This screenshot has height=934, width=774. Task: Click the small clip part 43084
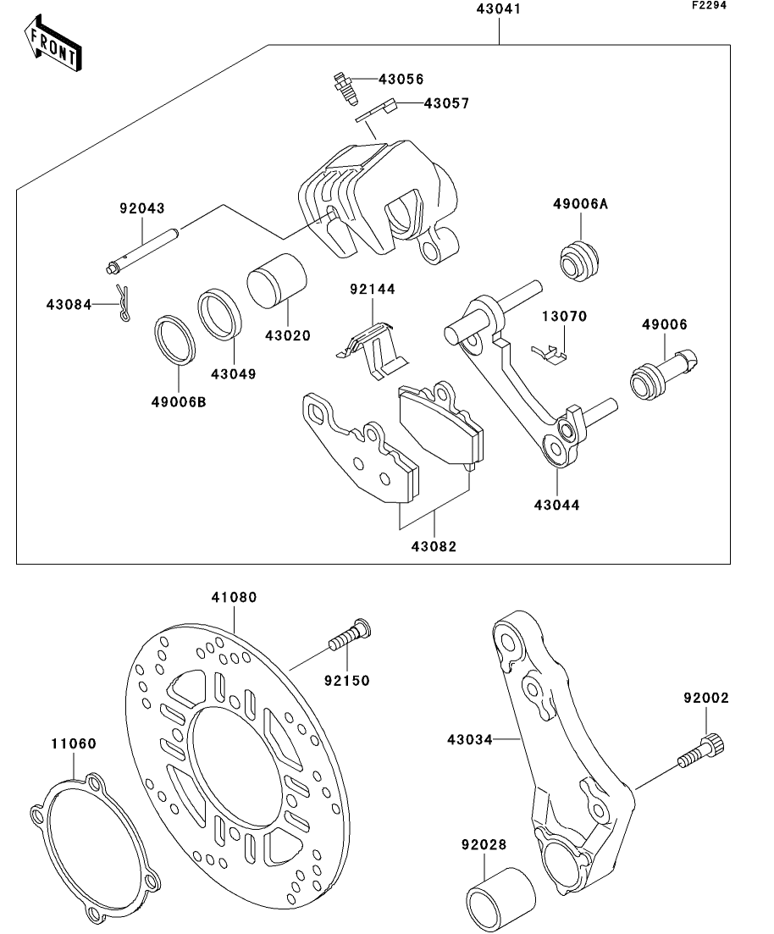[123, 304]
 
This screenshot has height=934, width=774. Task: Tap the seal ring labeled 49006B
[175, 340]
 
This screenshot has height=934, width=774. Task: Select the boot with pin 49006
[665, 373]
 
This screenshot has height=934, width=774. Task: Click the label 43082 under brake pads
[434, 546]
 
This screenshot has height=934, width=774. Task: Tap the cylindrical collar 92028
[501, 898]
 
